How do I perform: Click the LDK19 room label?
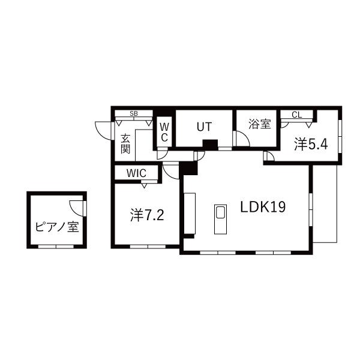pyautogui.click(x=262, y=207)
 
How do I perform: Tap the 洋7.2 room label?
pyautogui.click(x=147, y=215)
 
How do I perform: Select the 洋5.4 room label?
pyautogui.click(x=310, y=143)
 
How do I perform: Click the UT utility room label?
pyautogui.click(x=203, y=127)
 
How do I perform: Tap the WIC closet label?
pyautogui.click(x=136, y=173)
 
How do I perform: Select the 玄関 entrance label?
pyautogui.click(x=125, y=143)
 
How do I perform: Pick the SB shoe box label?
pyautogui.click(x=133, y=113)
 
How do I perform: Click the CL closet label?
pyautogui.click(x=296, y=114)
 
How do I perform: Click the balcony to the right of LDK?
pyautogui.click(x=325, y=204)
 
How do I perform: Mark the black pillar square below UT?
pyautogui.click(x=209, y=144)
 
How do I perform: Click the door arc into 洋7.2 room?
pyautogui.click(x=171, y=172)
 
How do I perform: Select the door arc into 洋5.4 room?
pyautogui.click(x=269, y=157)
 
